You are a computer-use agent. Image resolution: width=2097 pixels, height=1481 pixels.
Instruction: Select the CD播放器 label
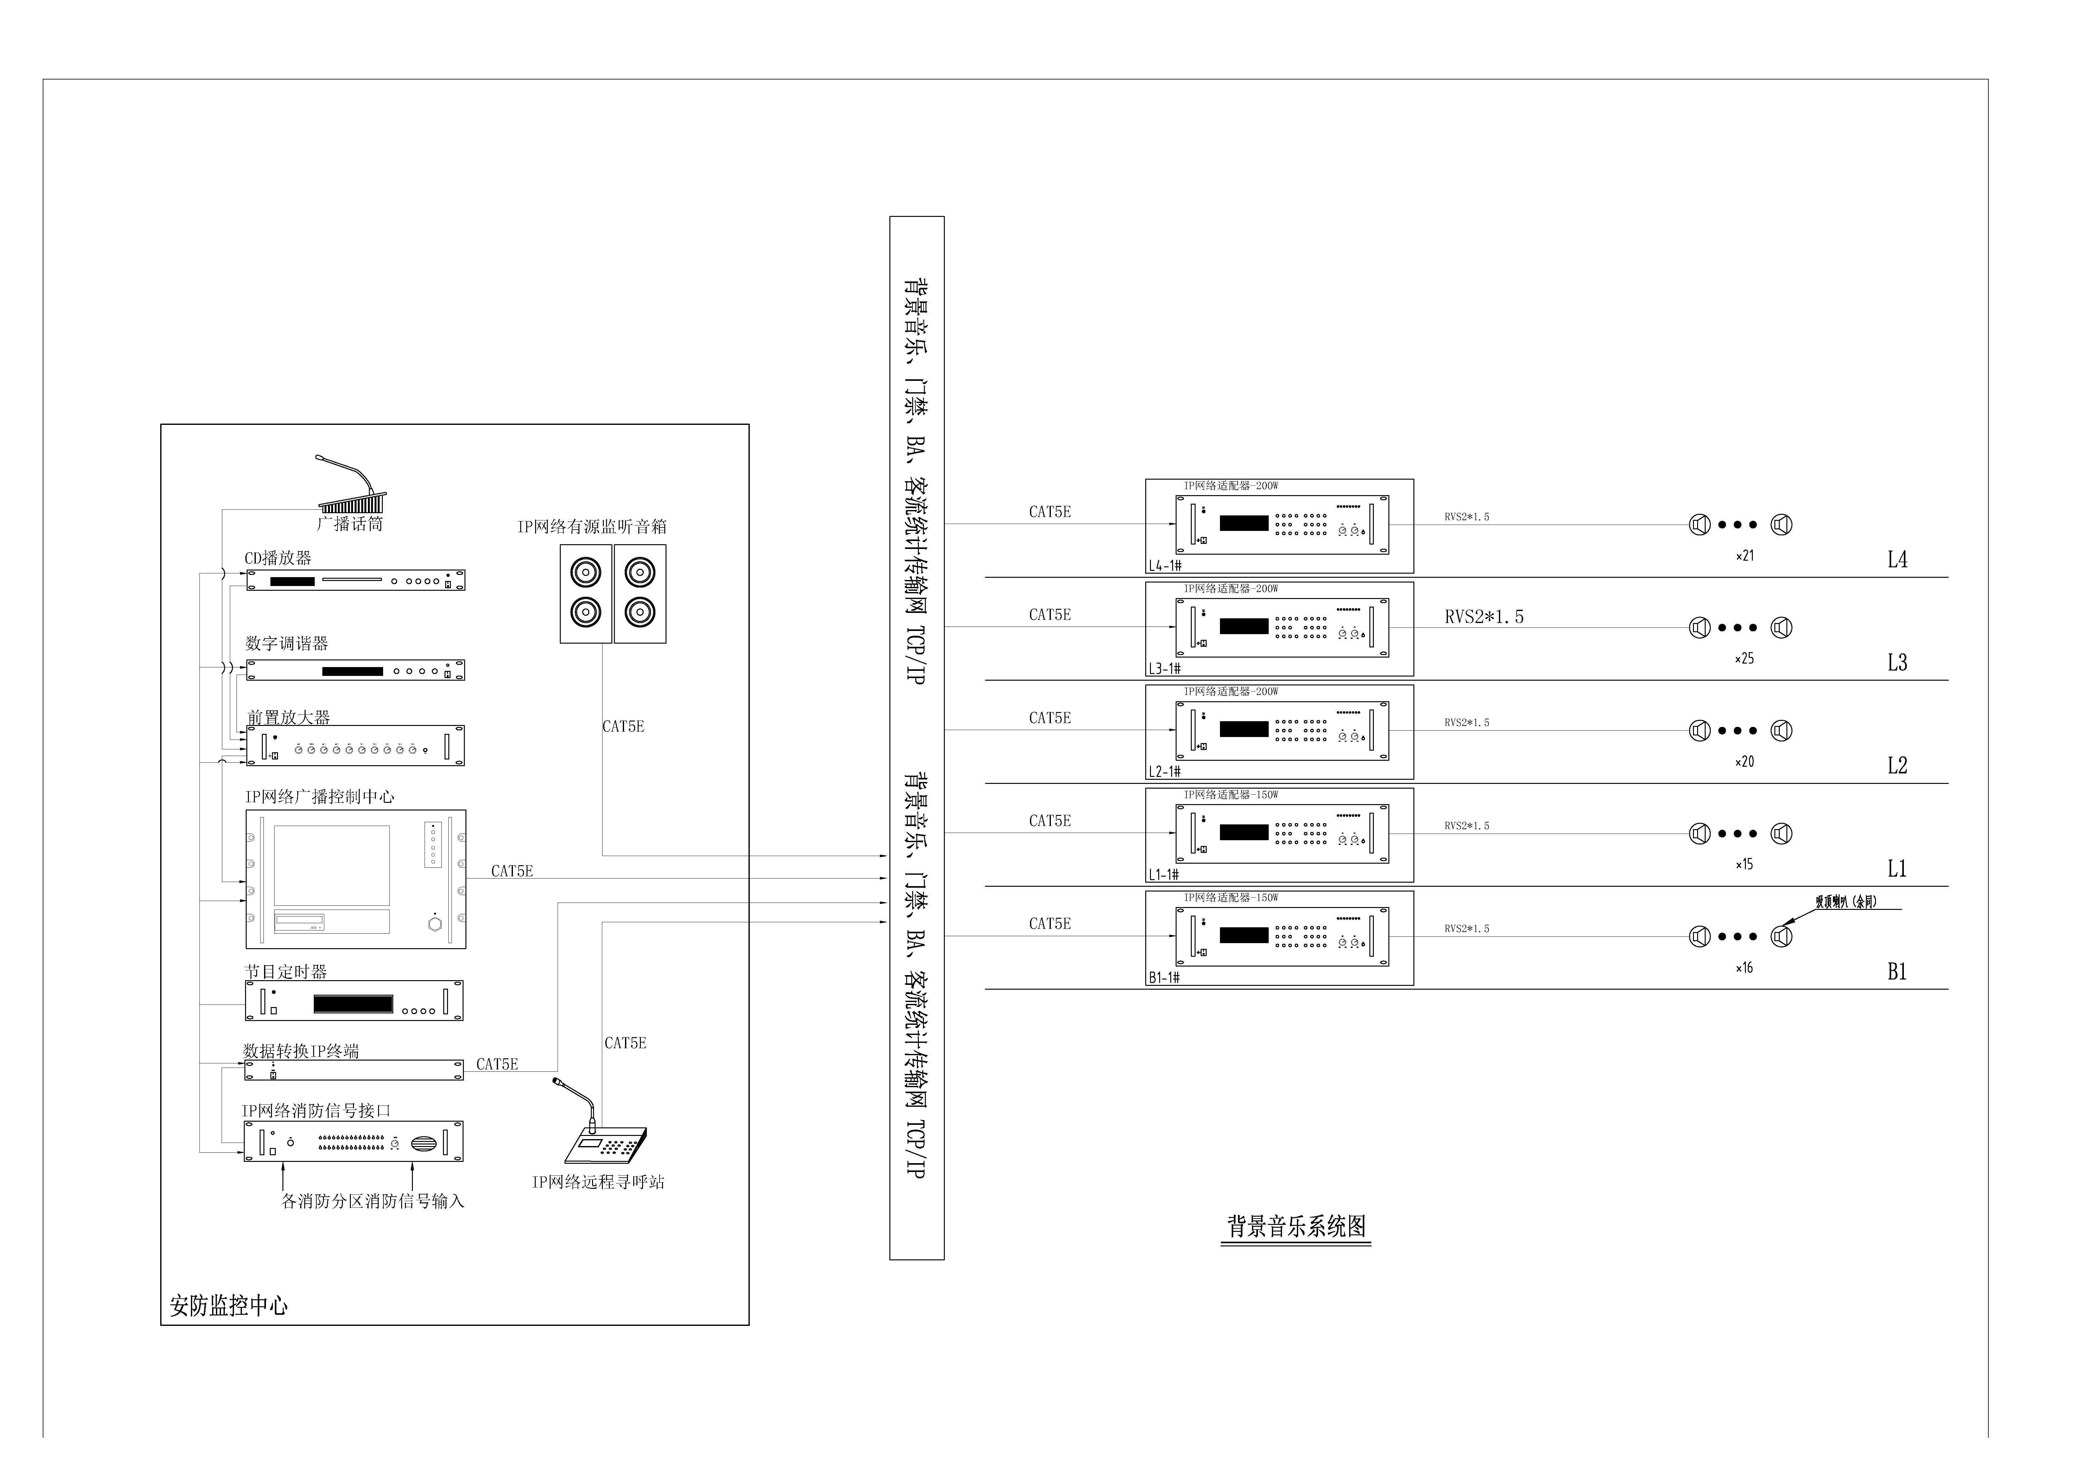click(278, 558)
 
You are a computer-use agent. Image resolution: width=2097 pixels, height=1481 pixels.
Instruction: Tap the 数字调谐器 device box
click(355, 670)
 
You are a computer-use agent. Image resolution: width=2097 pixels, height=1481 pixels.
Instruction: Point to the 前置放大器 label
click(289, 718)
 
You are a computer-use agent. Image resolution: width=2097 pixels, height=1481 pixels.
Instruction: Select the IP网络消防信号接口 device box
click(353, 1141)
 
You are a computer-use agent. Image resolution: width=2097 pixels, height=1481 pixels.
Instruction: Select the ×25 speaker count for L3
click(1745, 658)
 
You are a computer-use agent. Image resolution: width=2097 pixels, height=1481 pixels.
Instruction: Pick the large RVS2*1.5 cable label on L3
click(1484, 617)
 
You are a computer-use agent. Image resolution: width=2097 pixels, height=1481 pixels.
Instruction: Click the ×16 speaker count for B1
click(1745, 968)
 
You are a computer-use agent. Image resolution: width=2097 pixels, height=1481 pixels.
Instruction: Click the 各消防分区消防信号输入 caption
click(373, 1201)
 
